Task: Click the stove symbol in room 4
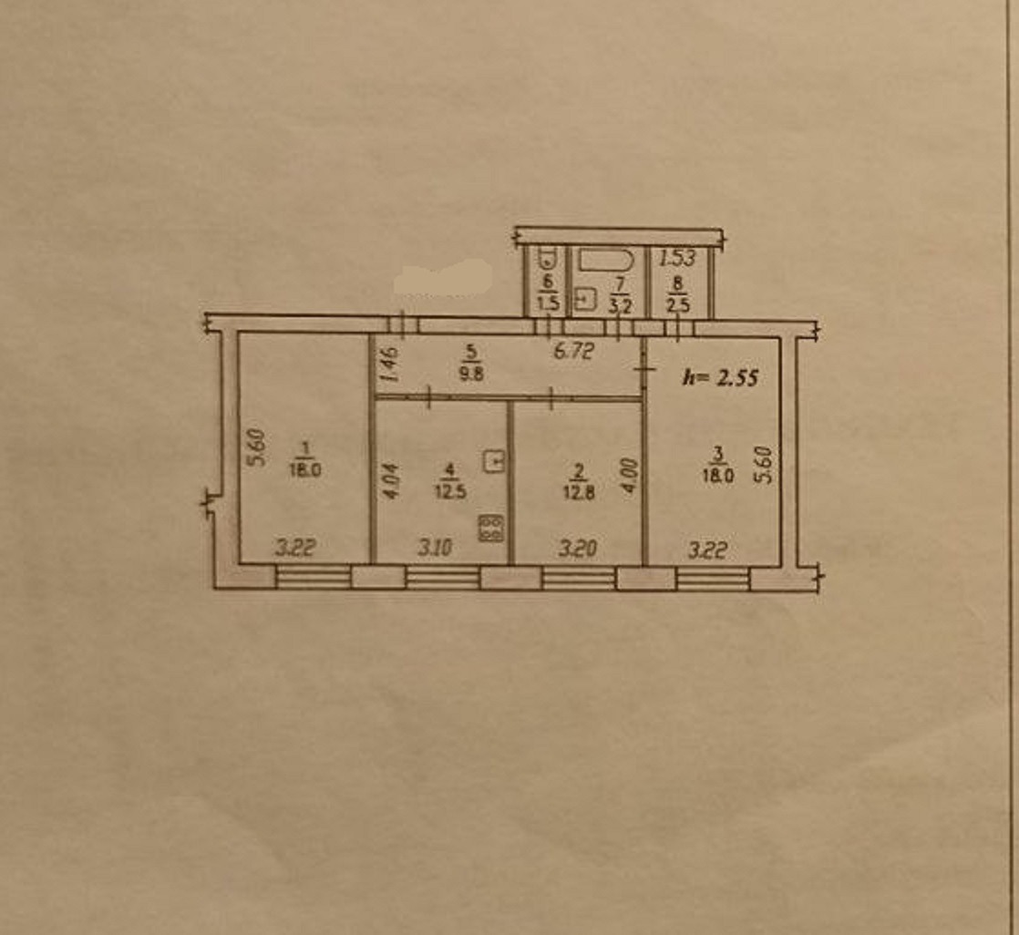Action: [x=491, y=529]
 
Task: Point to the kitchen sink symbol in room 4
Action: [x=494, y=462]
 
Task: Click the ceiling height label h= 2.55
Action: [x=721, y=377]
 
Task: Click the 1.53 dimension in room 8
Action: [x=677, y=259]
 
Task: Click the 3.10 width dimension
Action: [x=435, y=549]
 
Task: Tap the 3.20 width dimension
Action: [x=578, y=549]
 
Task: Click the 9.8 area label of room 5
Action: [x=471, y=373]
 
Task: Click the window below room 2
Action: [x=578, y=578]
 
